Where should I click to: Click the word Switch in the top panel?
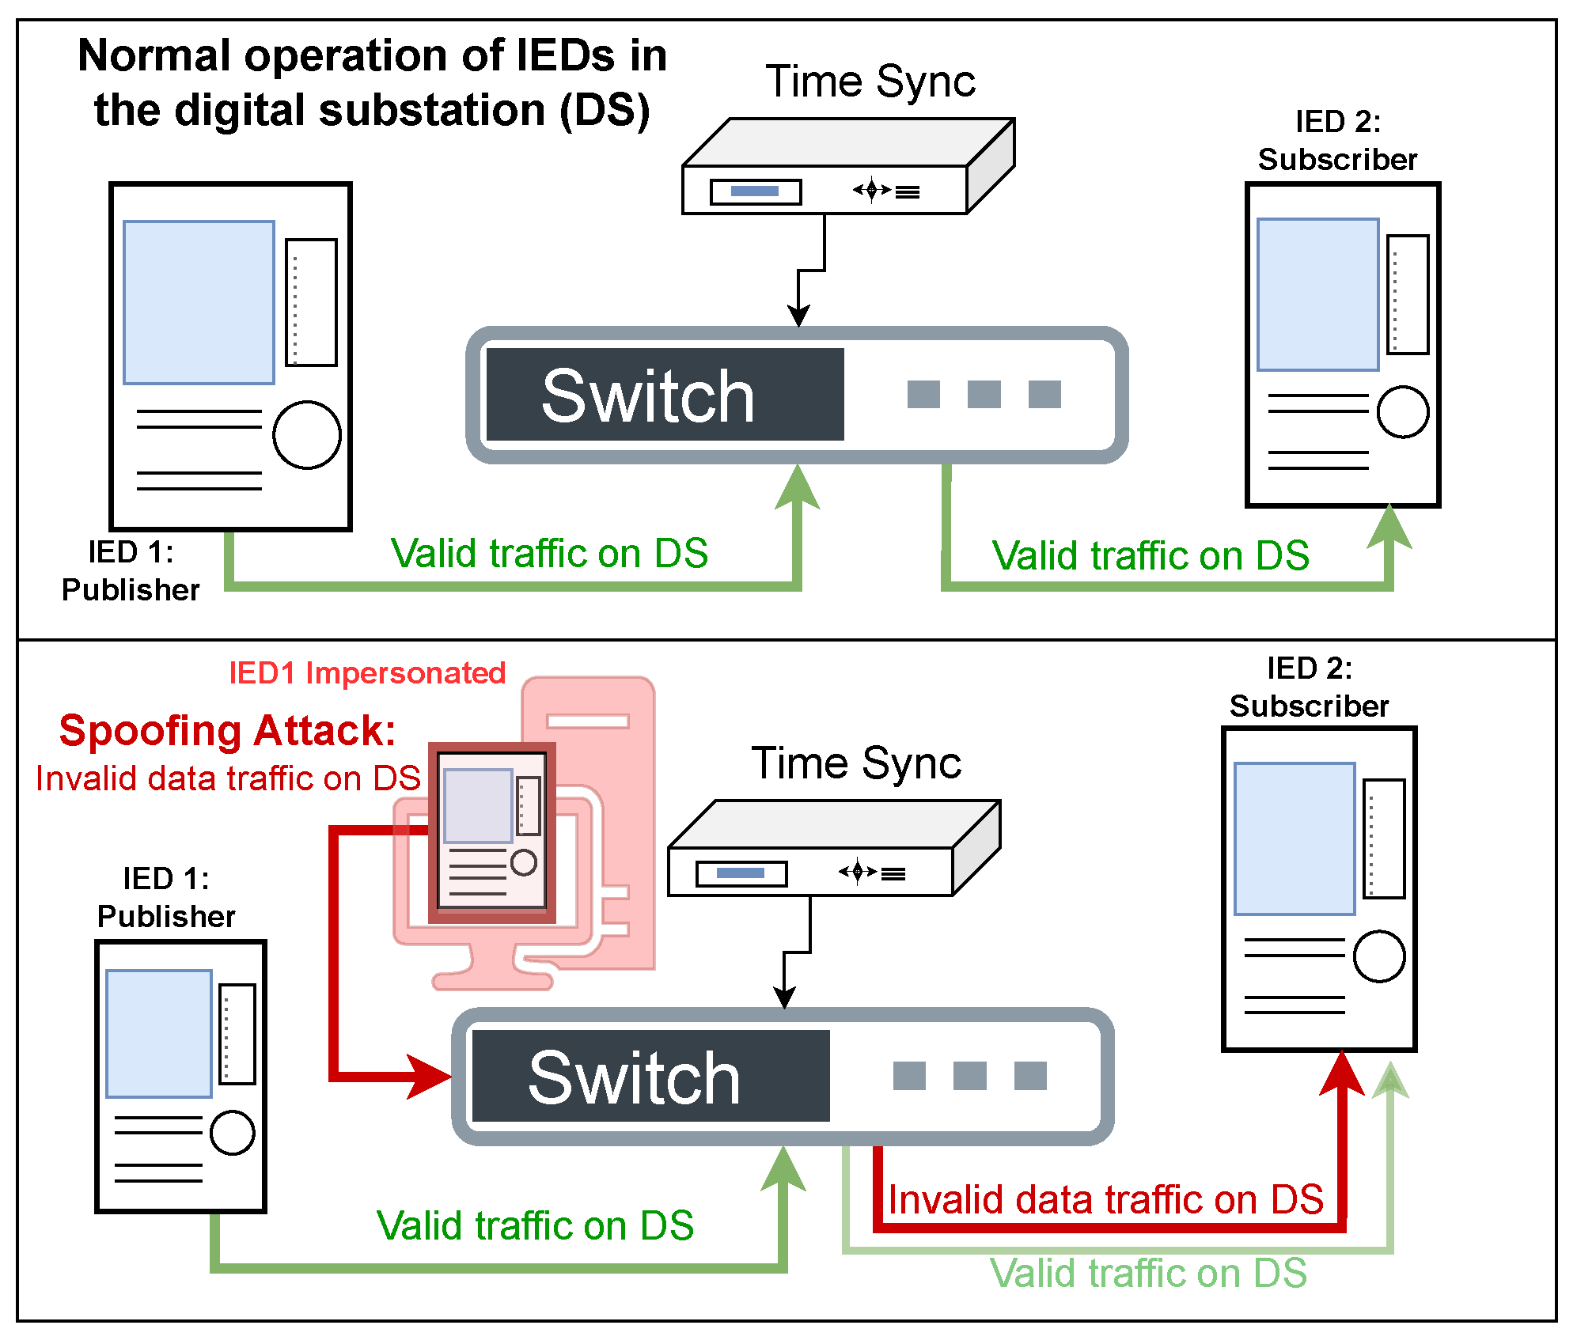[x=648, y=396]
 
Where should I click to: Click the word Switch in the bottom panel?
[x=635, y=1077]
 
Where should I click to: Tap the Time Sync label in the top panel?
[x=870, y=82]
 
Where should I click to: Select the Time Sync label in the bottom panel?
[x=856, y=764]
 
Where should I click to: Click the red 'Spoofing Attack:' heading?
[x=227, y=731]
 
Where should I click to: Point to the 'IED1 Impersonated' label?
[x=367, y=673]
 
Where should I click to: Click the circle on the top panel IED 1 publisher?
[x=307, y=435]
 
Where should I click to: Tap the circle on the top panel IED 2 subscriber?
[x=1403, y=411]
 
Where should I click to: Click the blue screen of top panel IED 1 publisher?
[x=199, y=302]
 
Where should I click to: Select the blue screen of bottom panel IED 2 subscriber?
[x=1295, y=839]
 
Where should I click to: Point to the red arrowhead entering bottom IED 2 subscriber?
[x=1342, y=1073]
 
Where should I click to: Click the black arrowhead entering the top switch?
[x=799, y=316]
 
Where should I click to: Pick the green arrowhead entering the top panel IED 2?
[x=1390, y=526]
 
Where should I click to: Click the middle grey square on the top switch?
[x=984, y=394]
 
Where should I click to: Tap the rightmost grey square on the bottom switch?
[x=1030, y=1076]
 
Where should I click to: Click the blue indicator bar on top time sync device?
[x=755, y=191]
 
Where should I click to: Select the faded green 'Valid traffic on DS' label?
[x=1148, y=1274]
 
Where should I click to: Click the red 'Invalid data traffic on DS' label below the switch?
[x=1106, y=1199]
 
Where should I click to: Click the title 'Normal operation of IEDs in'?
[x=372, y=55]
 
